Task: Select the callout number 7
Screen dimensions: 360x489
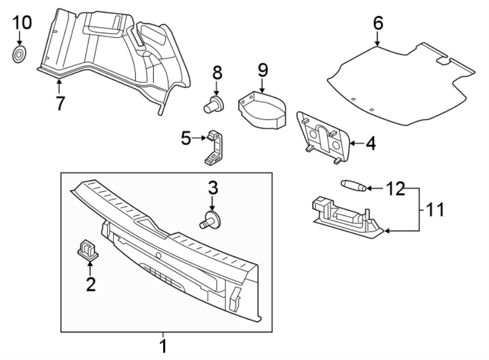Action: pos(60,102)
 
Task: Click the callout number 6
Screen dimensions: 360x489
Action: pos(378,23)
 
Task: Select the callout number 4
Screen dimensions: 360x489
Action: pos(371,144)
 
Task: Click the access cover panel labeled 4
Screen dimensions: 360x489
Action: pos(323,136)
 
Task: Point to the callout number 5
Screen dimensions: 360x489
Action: pos(186,139)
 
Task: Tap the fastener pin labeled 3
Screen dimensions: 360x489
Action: pos(212,220)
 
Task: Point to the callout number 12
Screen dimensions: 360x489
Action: pos(396,189)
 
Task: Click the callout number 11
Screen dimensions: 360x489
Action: pos(435,209)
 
